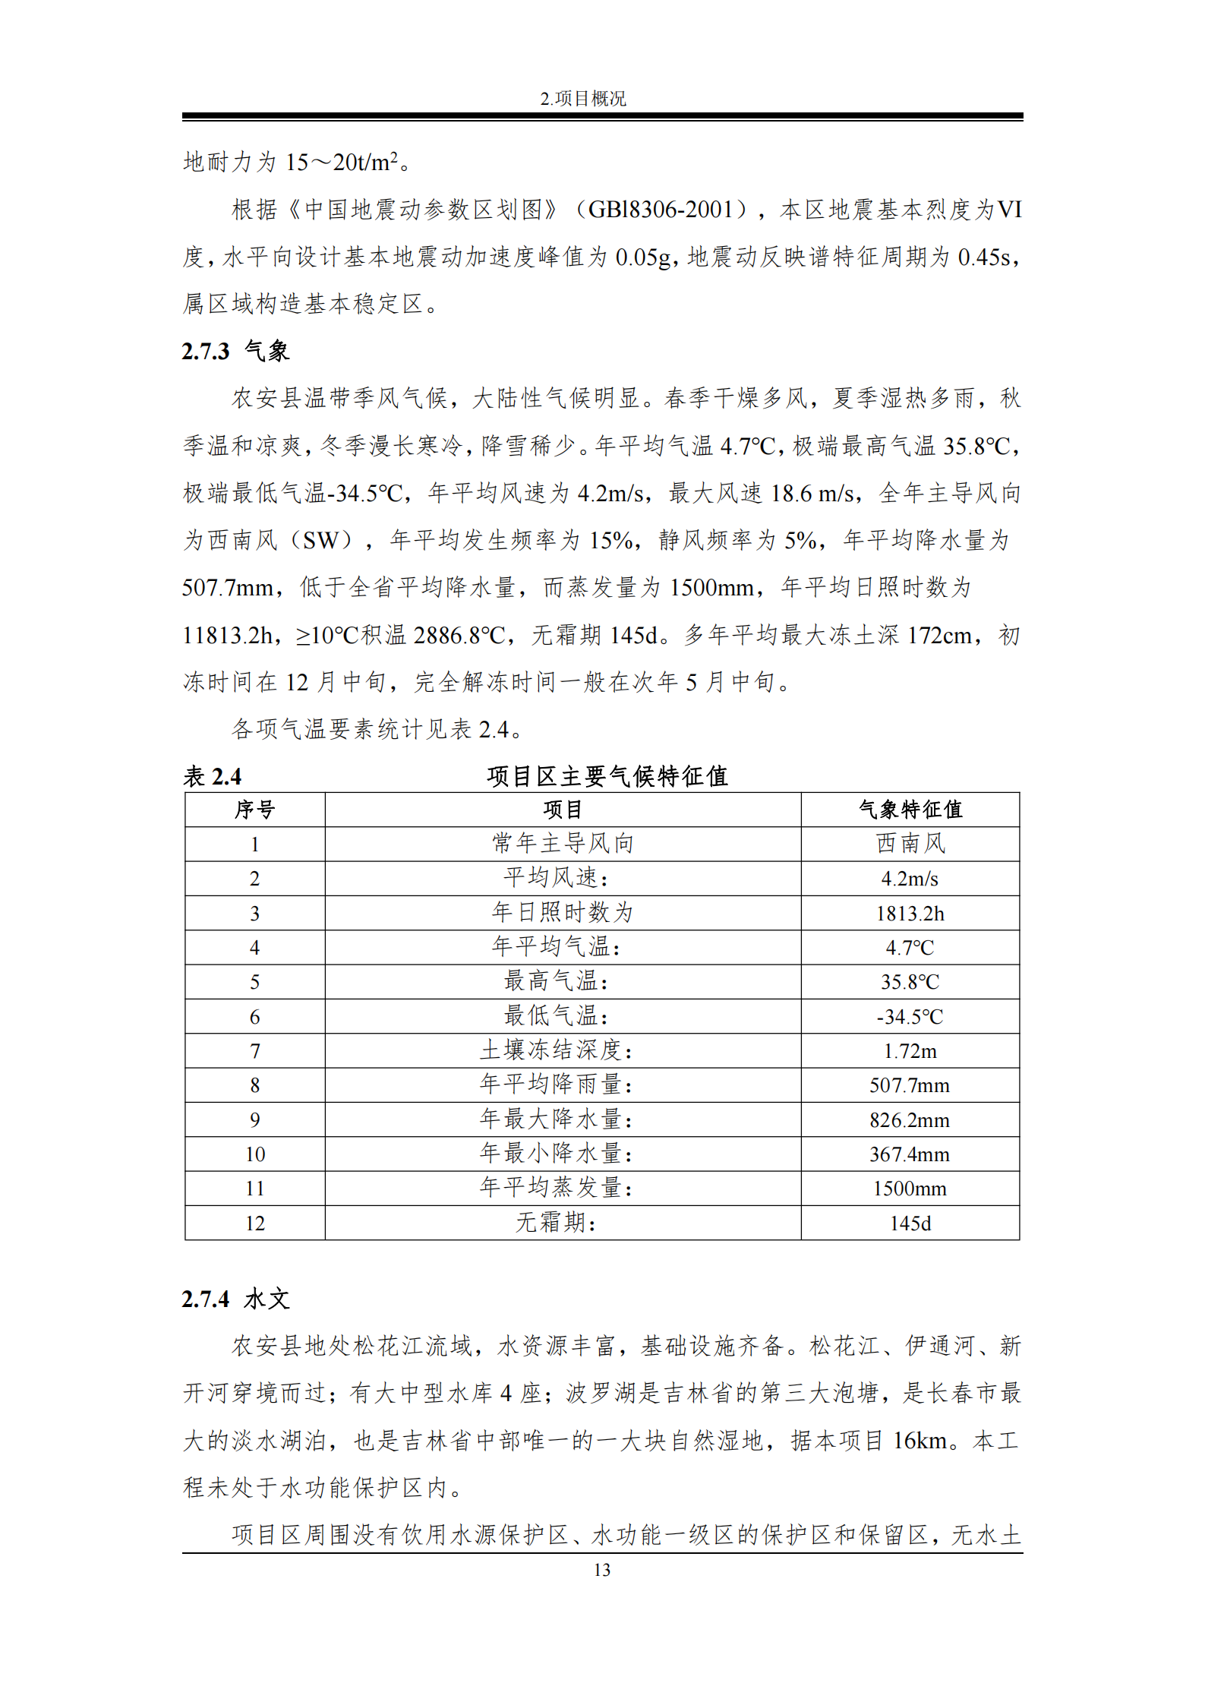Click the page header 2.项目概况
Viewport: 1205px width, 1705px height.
[x=582, y=99]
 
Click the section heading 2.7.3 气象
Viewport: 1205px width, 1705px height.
[x=235, y=351]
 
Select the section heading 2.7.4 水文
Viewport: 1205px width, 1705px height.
[x=235, y=1299]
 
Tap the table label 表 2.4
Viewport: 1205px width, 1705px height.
[x=212, y=776]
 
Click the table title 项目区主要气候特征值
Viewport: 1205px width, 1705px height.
[x=607, y=776]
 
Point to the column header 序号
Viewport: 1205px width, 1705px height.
[x=254, y=810]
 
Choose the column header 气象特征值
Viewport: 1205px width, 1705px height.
[x=910, y=810]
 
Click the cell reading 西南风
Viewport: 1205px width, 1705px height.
[x=910, y=844]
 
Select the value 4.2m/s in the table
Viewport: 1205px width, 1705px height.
[x=910, y=879]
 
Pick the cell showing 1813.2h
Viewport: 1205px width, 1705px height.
[x=910, y=913]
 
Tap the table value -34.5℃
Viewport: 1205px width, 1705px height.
[x=910, y=1016]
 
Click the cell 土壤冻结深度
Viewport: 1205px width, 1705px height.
[x=556, y=1050]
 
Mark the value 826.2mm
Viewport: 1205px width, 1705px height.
[x=910, y=1119]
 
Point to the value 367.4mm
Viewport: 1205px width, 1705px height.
[x=910, y=1154]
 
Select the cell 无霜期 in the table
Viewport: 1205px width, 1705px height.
[x=556, y=1223]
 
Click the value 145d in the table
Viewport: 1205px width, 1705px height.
[x=910, y=1223]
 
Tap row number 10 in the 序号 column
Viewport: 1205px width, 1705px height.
[x=254, y=1154]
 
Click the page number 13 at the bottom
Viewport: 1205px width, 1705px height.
[x=601, y=1571]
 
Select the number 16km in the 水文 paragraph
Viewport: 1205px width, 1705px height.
[x=920, y=1441]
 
